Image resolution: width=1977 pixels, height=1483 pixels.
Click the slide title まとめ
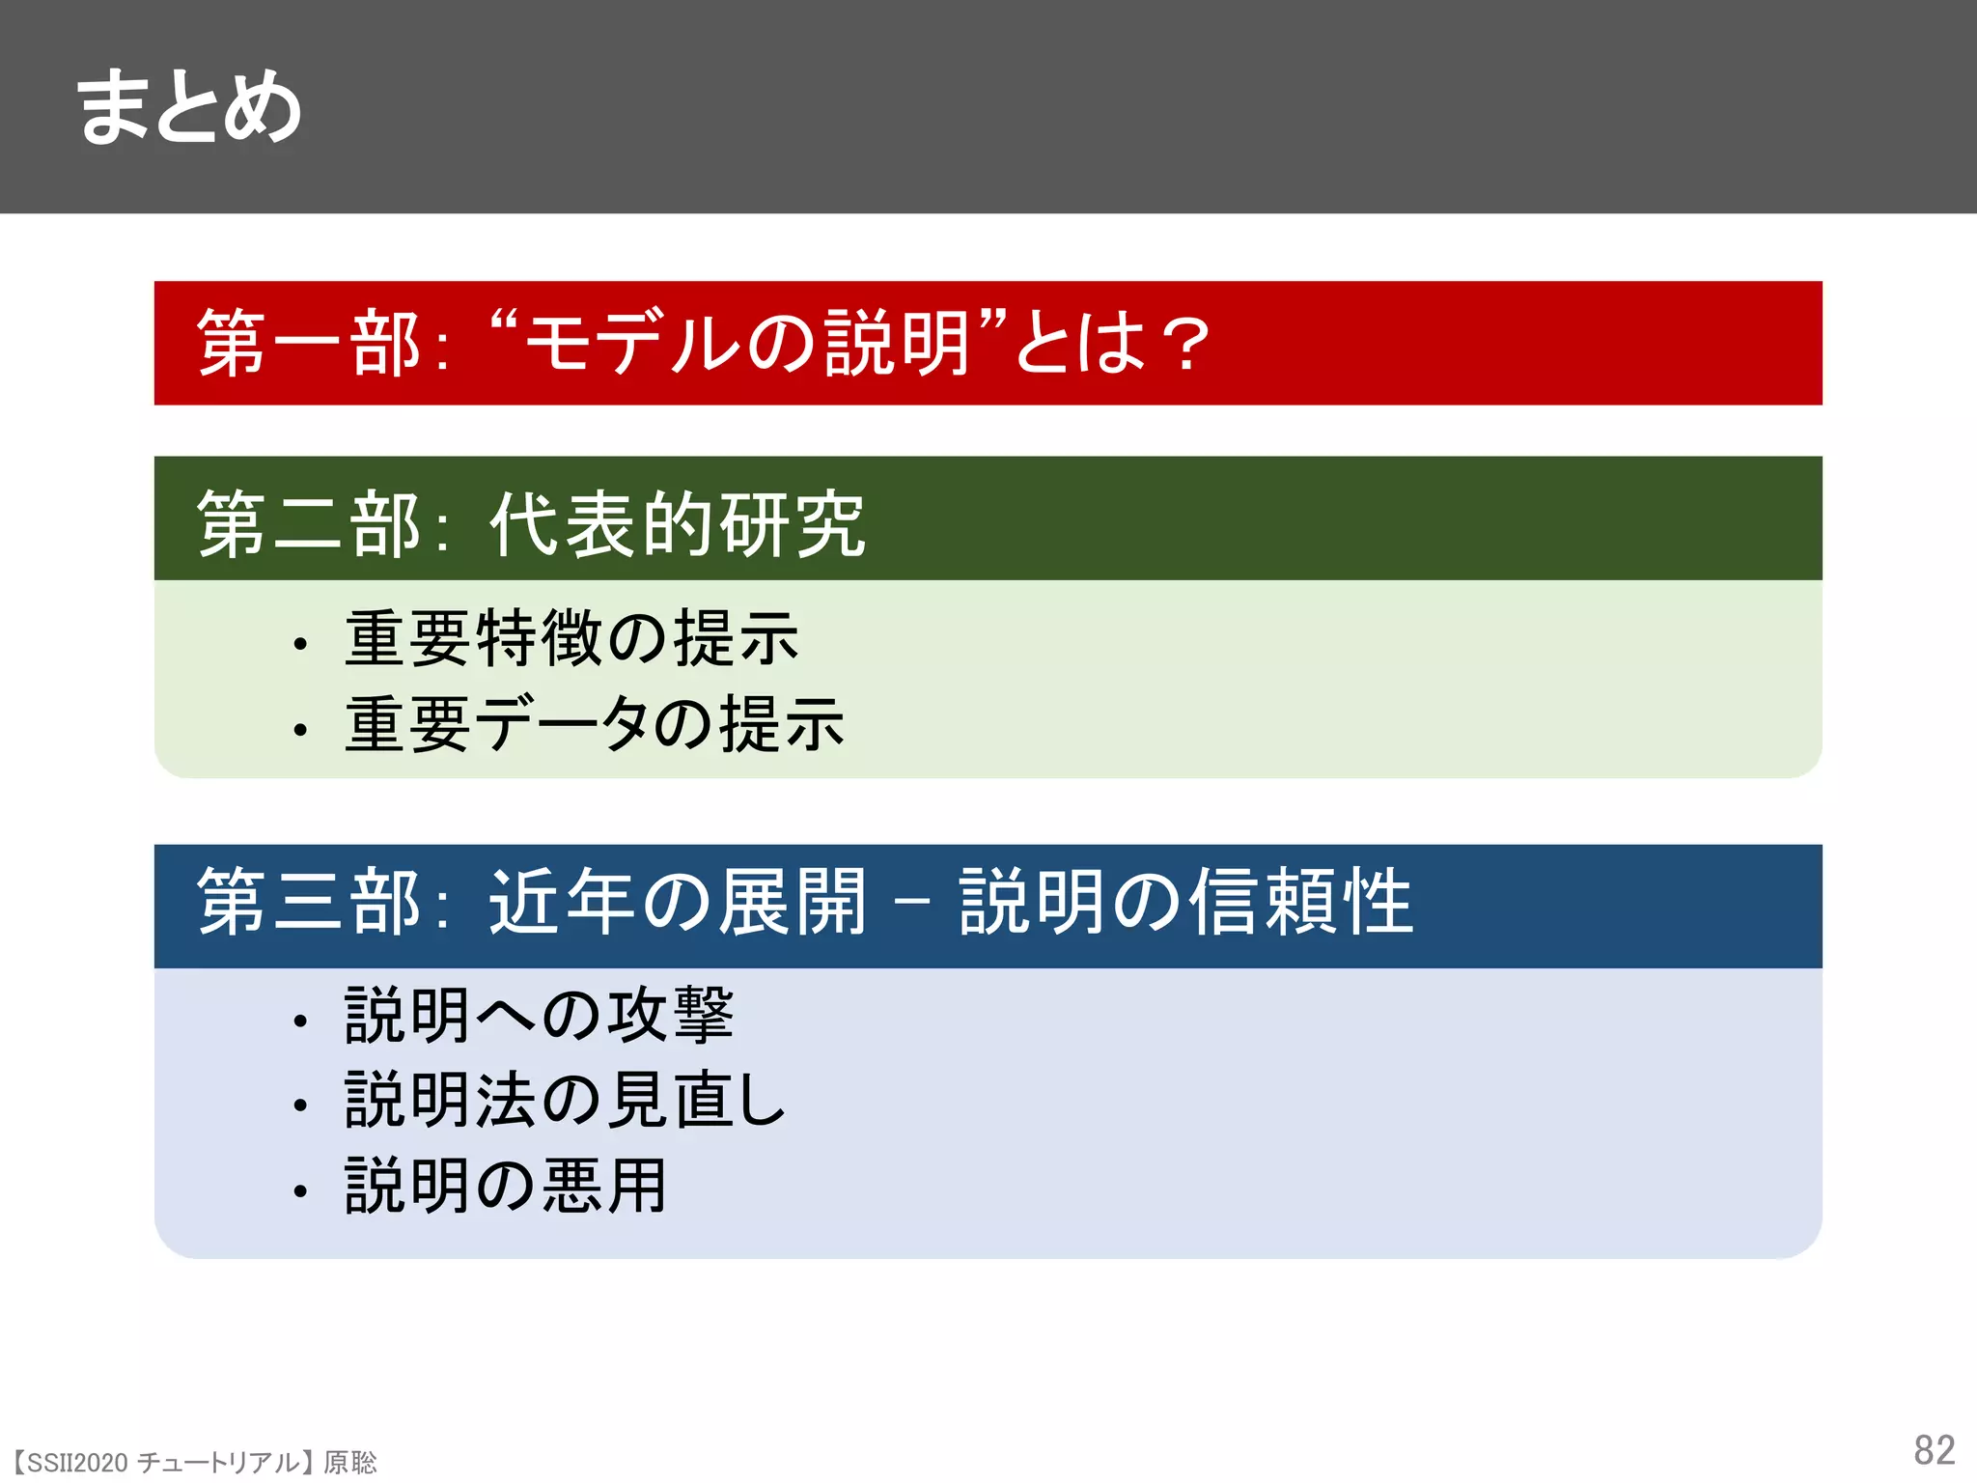click(189, 107)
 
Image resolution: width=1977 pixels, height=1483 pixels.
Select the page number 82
click(1934, 1449)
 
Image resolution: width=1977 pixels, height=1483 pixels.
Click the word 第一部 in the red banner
click(308, 343)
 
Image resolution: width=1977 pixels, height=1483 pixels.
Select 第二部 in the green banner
click(308, 523)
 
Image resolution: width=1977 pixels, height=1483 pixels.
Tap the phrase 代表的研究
click(677, 523)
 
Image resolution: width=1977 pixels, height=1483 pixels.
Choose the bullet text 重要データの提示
click(595, 724)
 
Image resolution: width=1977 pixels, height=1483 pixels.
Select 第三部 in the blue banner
click(308, 901)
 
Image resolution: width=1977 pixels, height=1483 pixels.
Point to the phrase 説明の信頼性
click(1185, 901)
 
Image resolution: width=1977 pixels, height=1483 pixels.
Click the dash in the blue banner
click(912, 903)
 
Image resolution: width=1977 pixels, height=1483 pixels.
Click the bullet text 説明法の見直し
click(566, 1100)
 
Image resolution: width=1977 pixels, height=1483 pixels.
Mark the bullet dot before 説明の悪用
click(301, 1191)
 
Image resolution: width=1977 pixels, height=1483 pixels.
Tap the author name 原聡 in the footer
click(350, 1463)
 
